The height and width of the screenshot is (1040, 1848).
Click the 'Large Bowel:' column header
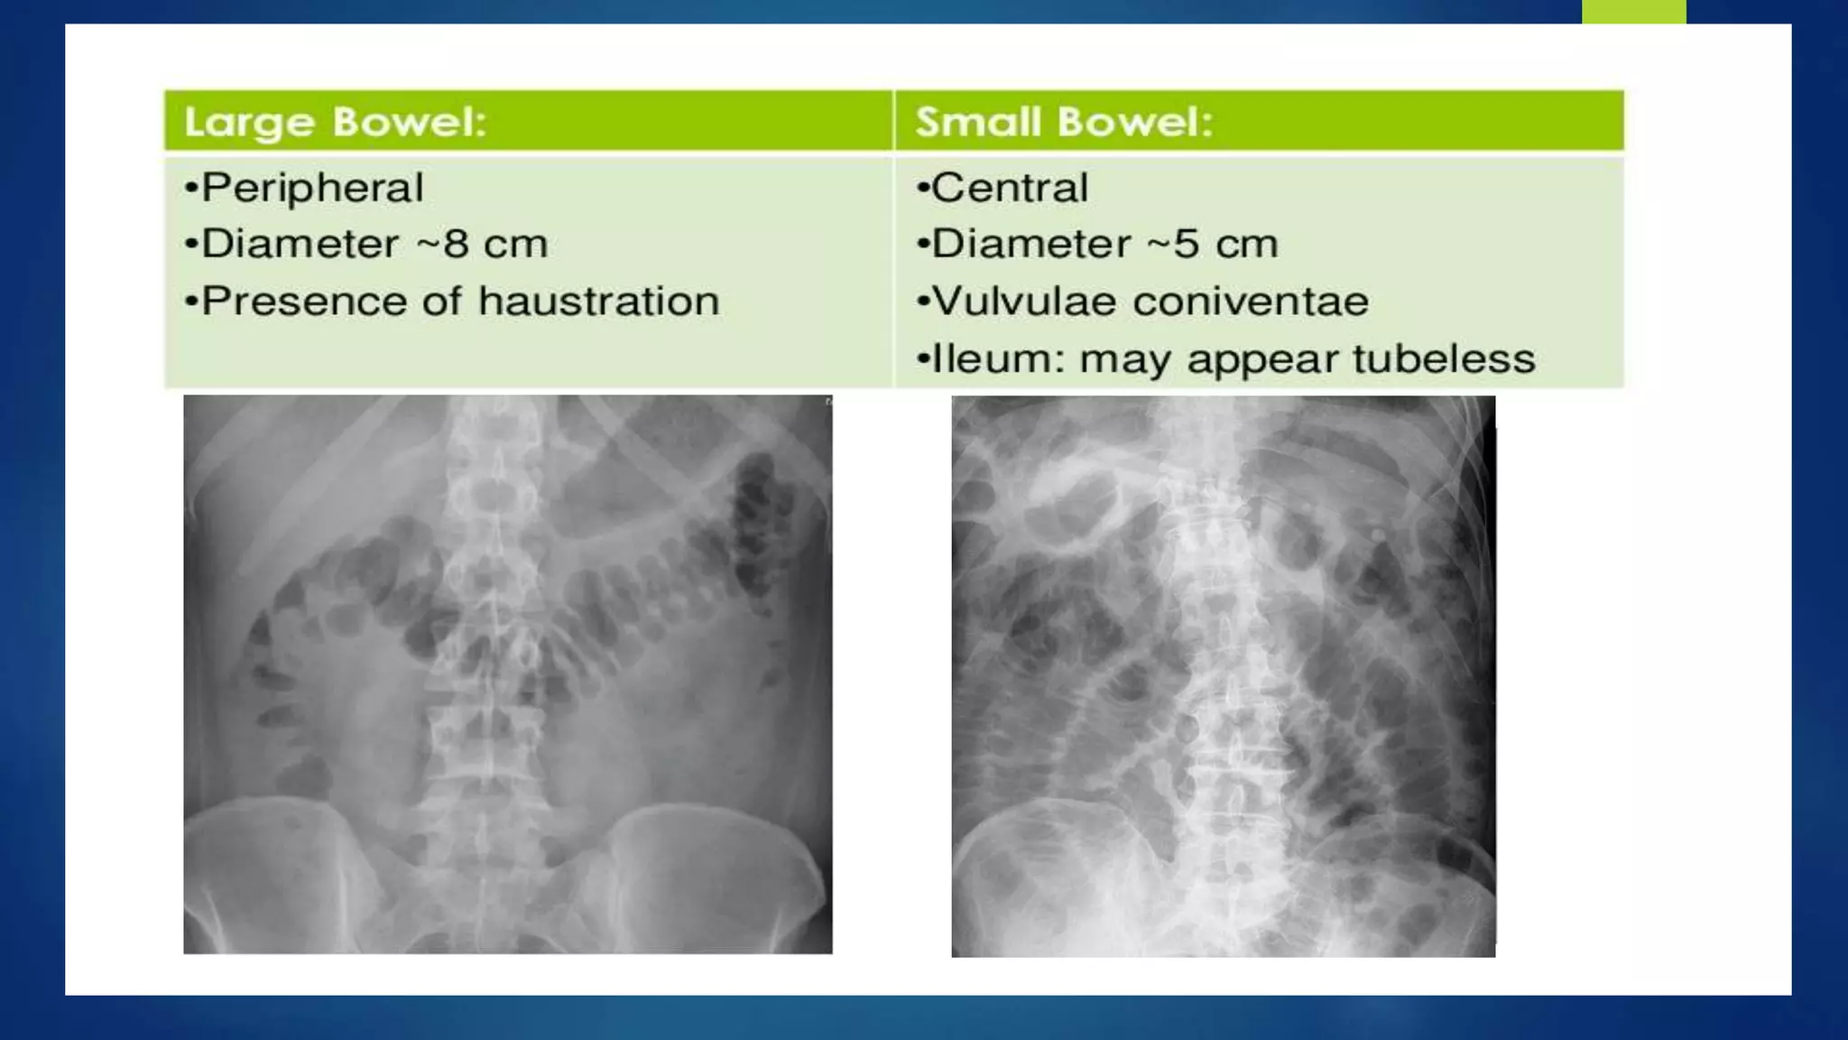click(x=335, y=122)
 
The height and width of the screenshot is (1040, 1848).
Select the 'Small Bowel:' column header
click(x=1064, y=122)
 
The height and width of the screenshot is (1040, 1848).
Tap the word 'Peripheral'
click(x=312, y=188)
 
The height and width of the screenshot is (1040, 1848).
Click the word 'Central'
click(x=1010, y=188)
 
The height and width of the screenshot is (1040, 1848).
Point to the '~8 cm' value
click(x=494, y=245)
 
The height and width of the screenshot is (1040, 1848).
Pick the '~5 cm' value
click(x=1224, y=245)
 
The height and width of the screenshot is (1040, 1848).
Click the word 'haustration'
click(x=598, y=302)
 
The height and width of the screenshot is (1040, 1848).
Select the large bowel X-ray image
click(x=507, y=673)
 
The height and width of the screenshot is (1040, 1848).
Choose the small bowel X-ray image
click(x=1223, y=675)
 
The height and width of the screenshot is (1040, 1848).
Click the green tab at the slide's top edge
click(x=1633, y=12)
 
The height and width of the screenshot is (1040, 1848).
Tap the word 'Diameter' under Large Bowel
click(x=300, y=245)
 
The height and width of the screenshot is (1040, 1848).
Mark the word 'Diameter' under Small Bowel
click(x=1030, y=245)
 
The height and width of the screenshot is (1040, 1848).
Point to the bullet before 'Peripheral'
click(x=190, y=189)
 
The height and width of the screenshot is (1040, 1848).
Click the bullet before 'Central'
click(x=922, y=189)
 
